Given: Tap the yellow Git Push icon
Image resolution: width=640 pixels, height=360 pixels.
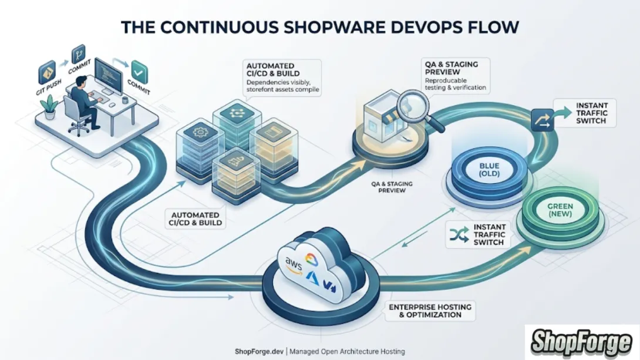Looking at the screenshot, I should point(46,73).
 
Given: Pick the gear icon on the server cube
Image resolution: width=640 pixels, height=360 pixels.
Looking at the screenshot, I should point(199,133).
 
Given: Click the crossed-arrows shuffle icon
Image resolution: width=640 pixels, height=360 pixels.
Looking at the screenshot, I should point(456,234).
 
